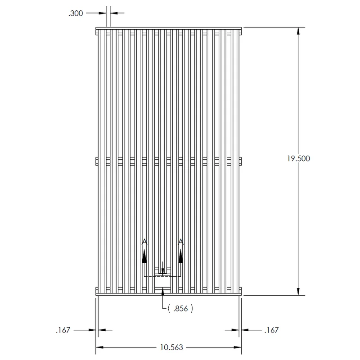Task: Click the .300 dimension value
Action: (76, 13)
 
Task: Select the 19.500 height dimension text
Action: (298, 158)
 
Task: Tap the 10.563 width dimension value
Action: (171, 347)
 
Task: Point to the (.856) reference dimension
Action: (180, 308)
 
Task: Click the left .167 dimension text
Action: (63, 330)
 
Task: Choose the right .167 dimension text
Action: (271, 330)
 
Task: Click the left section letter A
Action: (144, 242)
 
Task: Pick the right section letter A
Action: (181, 242)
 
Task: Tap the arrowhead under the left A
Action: (144, 256)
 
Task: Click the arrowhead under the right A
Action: (181, 256)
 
